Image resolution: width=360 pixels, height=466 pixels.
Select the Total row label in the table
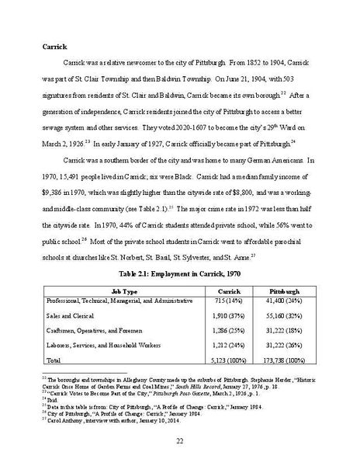[54, 360]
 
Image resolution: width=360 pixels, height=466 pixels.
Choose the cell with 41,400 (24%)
[287, 300]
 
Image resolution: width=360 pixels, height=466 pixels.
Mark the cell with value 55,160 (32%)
[287, 317]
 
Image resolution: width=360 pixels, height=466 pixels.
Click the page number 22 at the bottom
[179, 441]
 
